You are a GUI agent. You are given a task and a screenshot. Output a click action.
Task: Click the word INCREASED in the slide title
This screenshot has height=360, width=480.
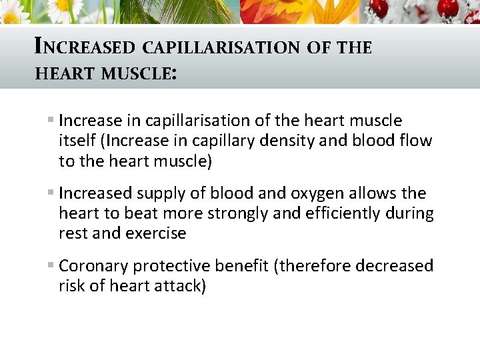click(x=84, y=47)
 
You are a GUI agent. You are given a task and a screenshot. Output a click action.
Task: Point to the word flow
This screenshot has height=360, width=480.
click(x=417, y=141)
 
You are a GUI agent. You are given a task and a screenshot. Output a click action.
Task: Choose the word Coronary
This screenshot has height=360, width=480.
click(x=93, y=266)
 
